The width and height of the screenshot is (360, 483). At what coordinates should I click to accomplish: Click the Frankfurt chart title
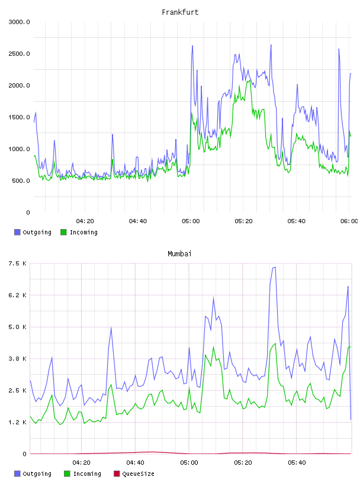180,12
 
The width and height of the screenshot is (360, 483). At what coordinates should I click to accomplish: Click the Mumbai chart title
179,254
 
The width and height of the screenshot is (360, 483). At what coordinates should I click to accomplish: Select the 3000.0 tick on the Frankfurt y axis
19,22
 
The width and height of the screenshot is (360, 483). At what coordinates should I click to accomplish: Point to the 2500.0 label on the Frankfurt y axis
19,54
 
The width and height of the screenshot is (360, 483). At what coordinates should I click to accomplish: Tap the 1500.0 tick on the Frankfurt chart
19,117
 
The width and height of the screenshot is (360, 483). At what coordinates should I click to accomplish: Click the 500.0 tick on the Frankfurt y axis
21,181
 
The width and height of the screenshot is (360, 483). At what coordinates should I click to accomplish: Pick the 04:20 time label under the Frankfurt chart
85,221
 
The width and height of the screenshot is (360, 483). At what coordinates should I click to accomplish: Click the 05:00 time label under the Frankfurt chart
191,221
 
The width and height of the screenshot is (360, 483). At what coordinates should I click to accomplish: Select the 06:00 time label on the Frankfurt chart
349,221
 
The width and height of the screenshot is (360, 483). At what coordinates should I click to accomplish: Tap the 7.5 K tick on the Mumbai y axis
18,263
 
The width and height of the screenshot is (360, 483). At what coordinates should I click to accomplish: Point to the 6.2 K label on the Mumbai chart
18,295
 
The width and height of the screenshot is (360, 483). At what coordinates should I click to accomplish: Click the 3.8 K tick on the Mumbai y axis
18,359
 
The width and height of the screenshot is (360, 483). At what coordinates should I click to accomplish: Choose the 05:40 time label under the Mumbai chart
297,462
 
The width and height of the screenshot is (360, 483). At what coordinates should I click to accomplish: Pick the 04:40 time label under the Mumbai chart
135,462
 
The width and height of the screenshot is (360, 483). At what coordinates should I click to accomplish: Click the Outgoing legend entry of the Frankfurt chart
33,232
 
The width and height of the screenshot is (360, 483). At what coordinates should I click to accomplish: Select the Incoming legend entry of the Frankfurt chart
79,232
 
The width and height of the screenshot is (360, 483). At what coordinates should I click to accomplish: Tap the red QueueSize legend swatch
117,474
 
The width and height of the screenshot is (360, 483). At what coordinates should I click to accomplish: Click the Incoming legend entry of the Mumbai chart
83,474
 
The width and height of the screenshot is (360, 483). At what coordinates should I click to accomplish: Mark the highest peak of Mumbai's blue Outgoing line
275,267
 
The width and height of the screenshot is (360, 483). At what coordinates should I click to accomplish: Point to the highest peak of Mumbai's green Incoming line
275,343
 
